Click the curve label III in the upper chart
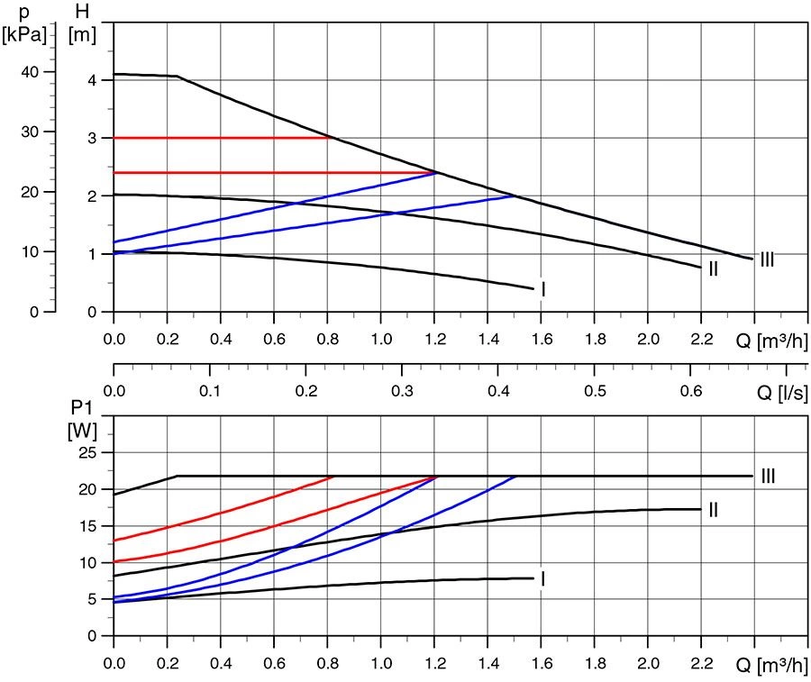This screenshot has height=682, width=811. click(x=768, y=260)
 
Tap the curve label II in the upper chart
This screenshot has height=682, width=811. click(x=713, y=268)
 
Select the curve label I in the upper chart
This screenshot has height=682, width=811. click(x=542, y=289)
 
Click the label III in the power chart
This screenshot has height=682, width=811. click(x=768, y=476)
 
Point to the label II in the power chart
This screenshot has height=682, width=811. click(x=713, y=510)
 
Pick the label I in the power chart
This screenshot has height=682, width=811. click(x=542, y=579)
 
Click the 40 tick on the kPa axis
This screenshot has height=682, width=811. click(x=30, y=72)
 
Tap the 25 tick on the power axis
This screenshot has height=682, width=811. click(x=87, y=452)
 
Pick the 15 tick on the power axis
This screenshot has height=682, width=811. click(x=87, y=526)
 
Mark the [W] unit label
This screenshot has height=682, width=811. click(x=83, y=431)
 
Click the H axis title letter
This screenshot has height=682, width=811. click(x=82, y=13)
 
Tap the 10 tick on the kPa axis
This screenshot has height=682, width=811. click(x=30, y=252)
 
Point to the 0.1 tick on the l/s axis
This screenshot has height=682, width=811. click(x=210, y=393)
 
